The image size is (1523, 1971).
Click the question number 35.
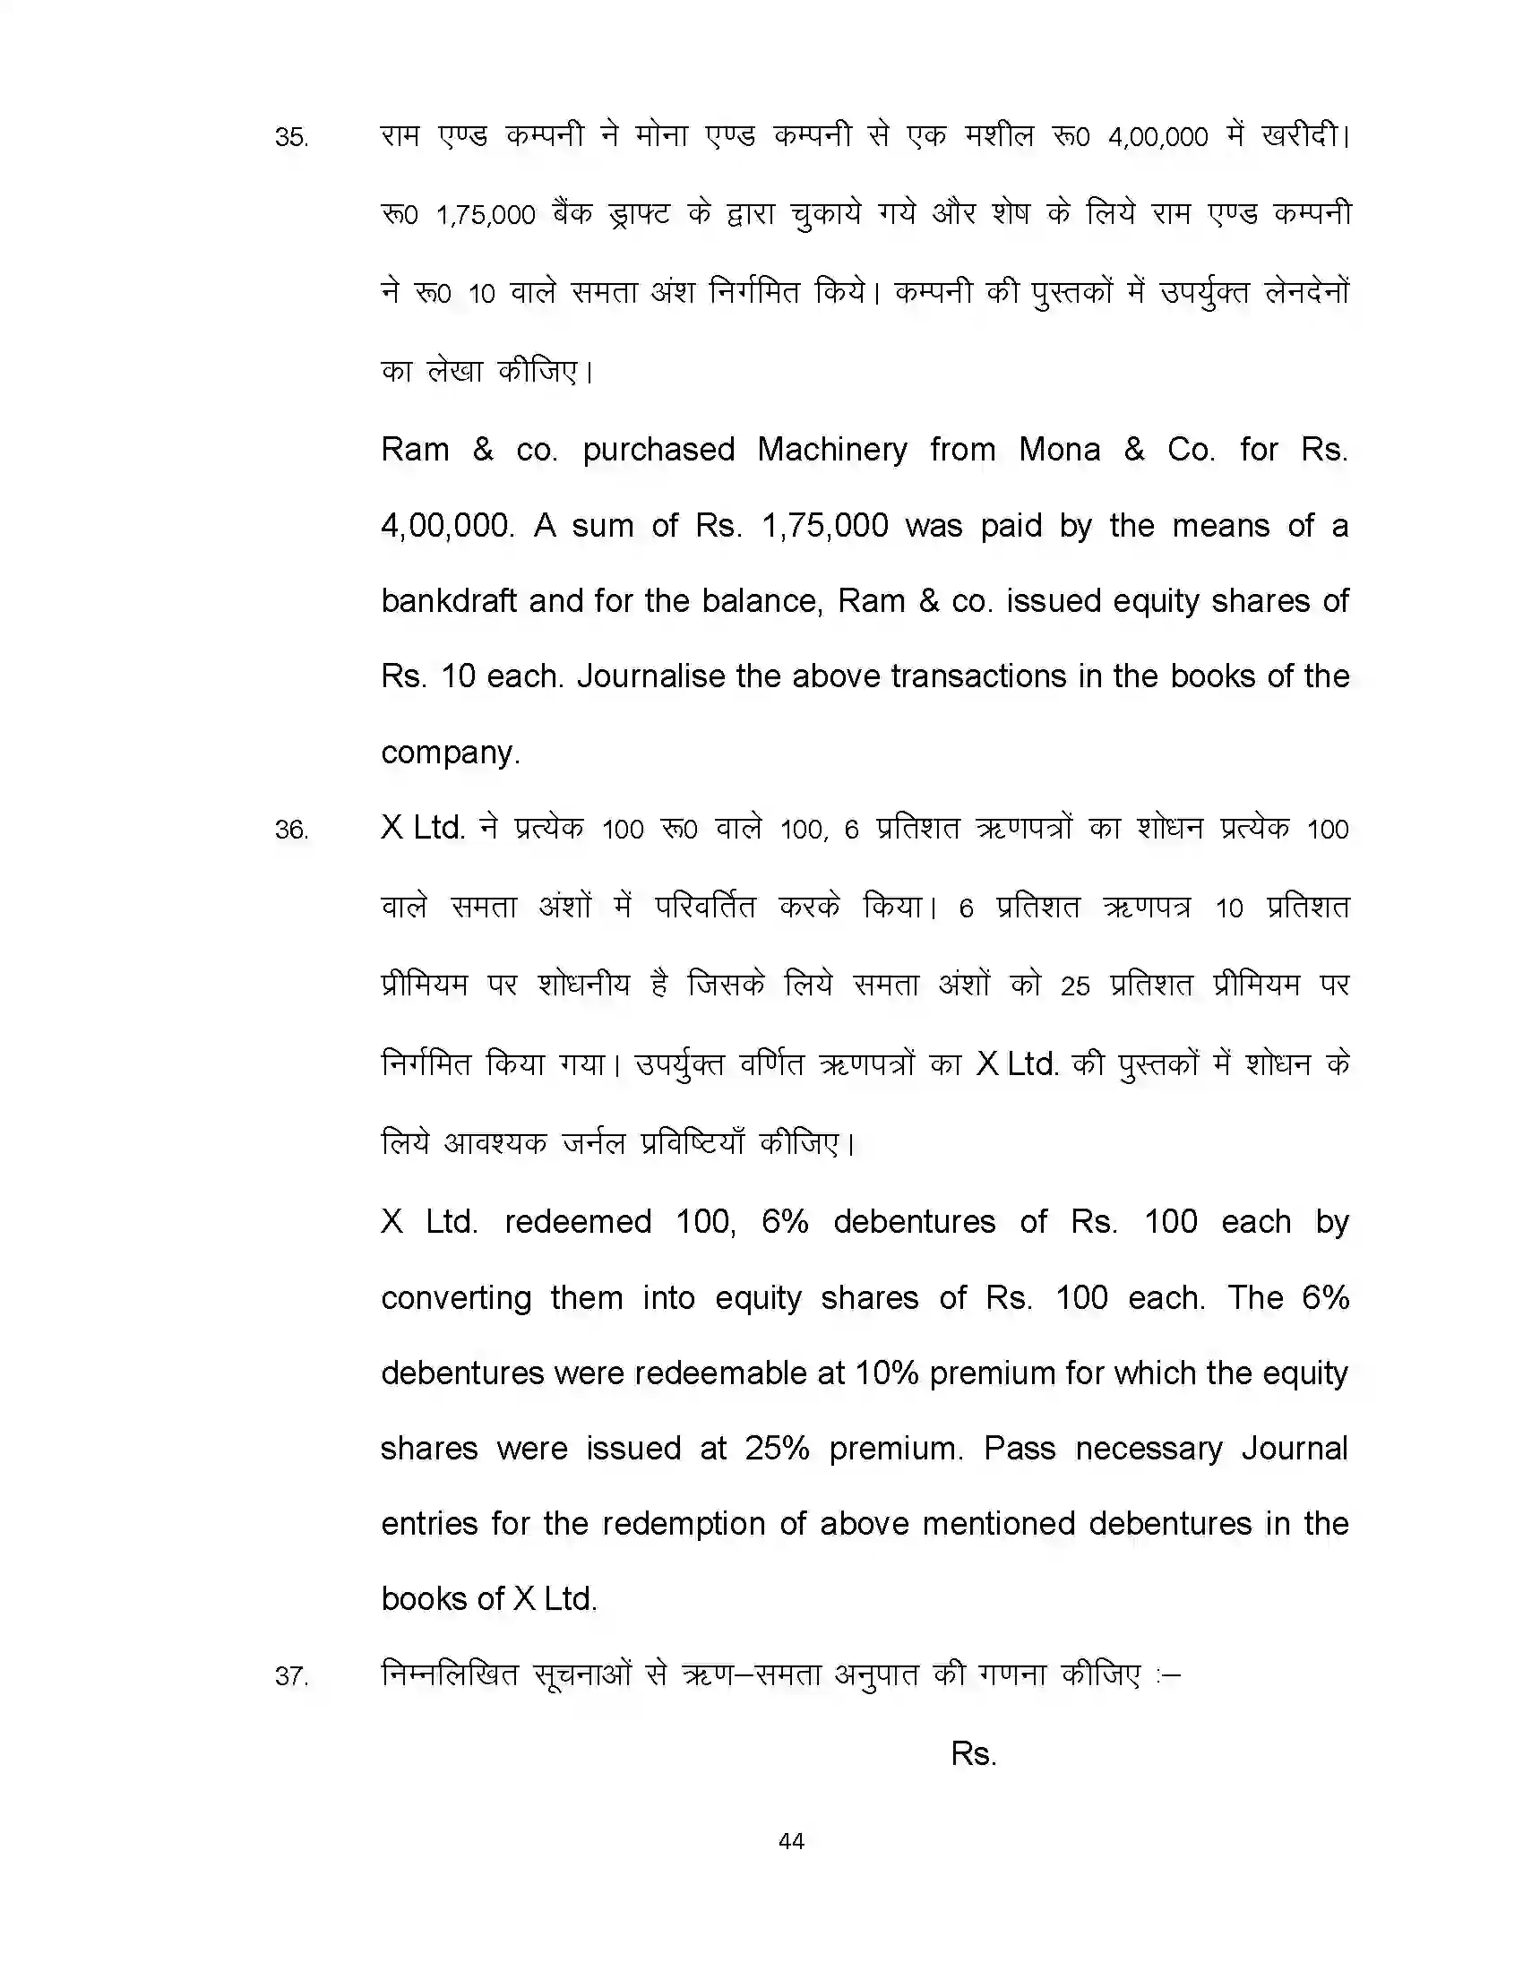click(291, 137)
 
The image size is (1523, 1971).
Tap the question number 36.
click(291, 830)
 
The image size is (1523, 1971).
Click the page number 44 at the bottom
click(791, 1841)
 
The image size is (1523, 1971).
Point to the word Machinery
click(832, 450)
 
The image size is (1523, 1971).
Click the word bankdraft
click(449, 601)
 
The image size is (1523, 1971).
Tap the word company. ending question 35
click(451, 752)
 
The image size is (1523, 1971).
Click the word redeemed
click(578, 1222)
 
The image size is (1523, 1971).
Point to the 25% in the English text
click(776, 1449)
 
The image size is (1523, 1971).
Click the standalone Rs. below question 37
click(973, 1753)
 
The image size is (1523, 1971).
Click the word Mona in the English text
click(1058, 450)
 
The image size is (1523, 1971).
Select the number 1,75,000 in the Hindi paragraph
click(486, 216)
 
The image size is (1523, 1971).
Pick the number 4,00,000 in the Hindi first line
click(1157, 137)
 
